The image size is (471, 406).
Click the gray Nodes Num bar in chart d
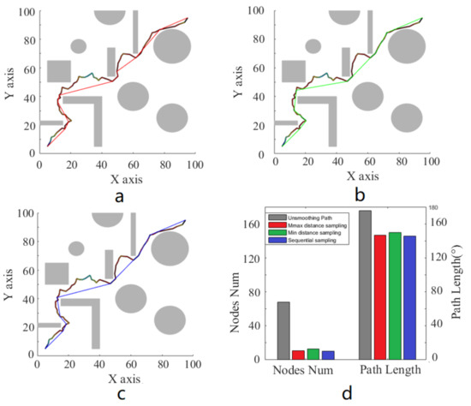click(283, 329)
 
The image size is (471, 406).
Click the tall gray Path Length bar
click(365, 284)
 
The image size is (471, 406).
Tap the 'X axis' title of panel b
click(350, 175)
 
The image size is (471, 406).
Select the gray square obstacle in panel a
click(58, 71)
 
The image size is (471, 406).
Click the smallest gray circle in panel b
click(313, 45)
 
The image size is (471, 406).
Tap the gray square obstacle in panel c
click(57, 273)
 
